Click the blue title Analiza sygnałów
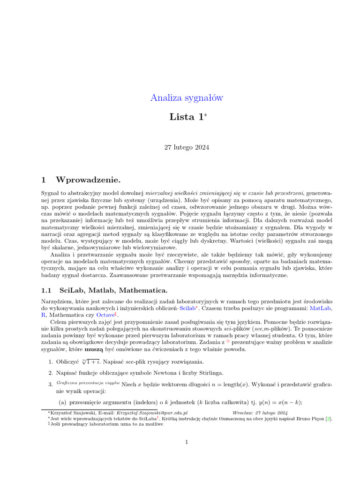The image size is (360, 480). (x=187, y=98)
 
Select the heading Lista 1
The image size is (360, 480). (x=186, y=117)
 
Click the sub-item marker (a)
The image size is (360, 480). (x=62, y=402)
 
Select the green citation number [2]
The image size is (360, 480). (x=329, y=419)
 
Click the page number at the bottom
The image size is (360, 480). (x=187, y=442)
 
